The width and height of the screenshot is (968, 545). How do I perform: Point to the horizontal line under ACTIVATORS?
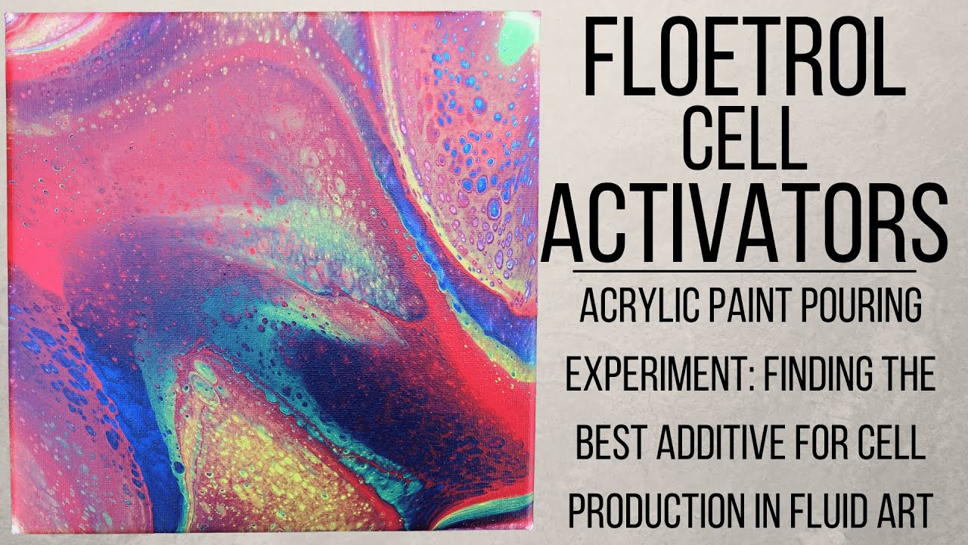pyautogui.click(x=745, y=269)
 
